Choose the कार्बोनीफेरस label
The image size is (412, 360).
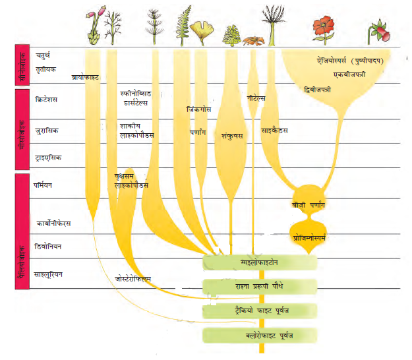54,224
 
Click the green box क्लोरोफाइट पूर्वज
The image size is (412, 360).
260,336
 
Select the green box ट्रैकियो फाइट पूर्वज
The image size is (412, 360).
260,310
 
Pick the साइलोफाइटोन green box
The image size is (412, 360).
260,262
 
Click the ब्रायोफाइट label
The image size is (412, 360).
84,77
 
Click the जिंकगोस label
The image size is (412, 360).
199,109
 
